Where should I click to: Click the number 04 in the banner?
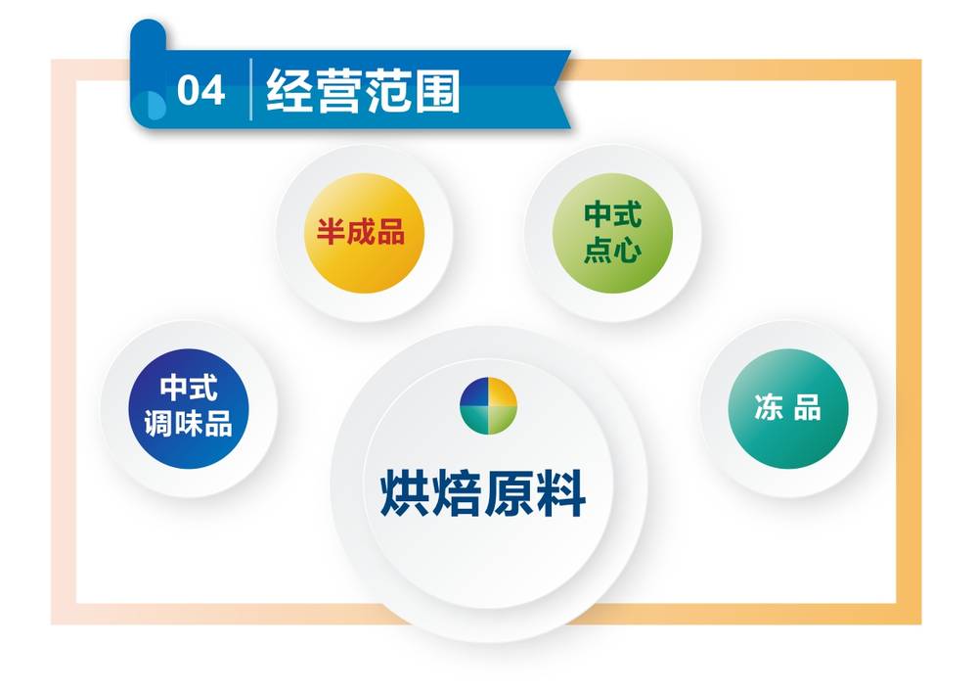coord(200,90)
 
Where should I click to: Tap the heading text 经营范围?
coord(363,91)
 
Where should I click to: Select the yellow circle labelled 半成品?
coord(364,233)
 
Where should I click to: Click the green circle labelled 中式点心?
coord(612,233)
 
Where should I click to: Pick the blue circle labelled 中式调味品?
coord(189,409)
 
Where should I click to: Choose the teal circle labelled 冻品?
coord(788,409)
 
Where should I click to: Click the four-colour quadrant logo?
coord(488,406)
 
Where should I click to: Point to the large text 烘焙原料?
coord(483,493)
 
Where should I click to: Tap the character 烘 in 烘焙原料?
coord(406,493)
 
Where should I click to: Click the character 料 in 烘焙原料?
coord(561,493)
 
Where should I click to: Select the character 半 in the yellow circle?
coord(331,232)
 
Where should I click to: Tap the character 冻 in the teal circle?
coord(769,408)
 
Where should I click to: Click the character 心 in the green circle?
coord(628,251)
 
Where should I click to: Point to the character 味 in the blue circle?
coord(189,424)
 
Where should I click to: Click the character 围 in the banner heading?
coord(437,91)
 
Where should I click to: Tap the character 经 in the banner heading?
coord(289,91)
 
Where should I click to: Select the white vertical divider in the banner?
coord(250,89)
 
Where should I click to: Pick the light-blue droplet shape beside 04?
coord(155,106)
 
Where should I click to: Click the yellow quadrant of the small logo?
coord(503,392)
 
